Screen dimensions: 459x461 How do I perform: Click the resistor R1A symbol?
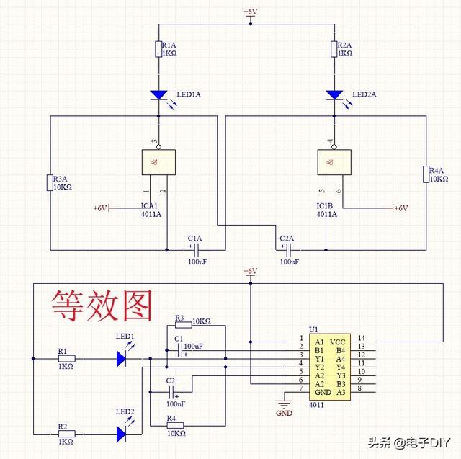158,49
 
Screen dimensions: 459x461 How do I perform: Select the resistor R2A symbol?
334,49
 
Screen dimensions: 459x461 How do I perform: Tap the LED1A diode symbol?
158,94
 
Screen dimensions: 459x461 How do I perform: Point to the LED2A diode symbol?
334,94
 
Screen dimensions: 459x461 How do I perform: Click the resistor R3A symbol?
50,182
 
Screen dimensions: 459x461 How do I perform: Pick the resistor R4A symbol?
426,174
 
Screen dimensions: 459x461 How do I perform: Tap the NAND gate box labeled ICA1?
158,162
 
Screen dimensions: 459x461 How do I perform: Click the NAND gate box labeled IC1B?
334,162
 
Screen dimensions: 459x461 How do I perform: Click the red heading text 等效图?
101,306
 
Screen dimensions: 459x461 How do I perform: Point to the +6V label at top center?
250,12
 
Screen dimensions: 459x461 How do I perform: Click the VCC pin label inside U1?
339,341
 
